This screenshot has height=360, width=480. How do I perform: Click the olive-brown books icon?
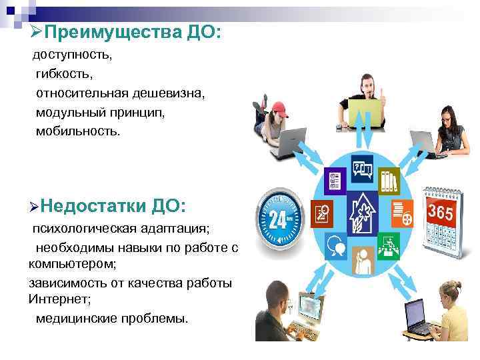[x=388, y=181]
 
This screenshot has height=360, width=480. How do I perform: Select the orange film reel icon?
[x=403, y=212]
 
